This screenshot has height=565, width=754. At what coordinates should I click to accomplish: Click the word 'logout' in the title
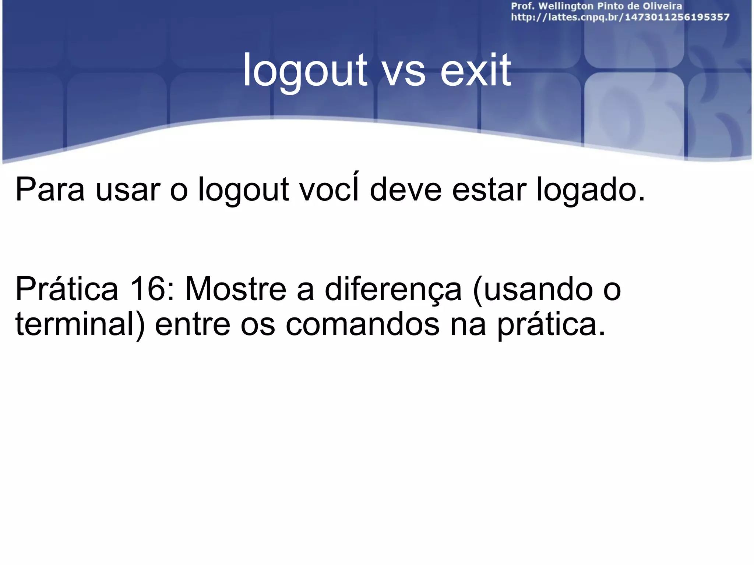[x=305, y=71]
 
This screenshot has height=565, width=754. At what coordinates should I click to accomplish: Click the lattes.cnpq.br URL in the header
[x=620, y=17]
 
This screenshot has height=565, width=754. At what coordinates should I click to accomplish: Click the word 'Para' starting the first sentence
[x=50, y=190]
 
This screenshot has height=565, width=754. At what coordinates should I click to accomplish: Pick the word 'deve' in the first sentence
[x=405, y=190]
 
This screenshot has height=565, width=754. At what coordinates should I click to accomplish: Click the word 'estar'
[x=489, y=190]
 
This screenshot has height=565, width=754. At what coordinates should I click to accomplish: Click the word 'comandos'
[x=362, y=325]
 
